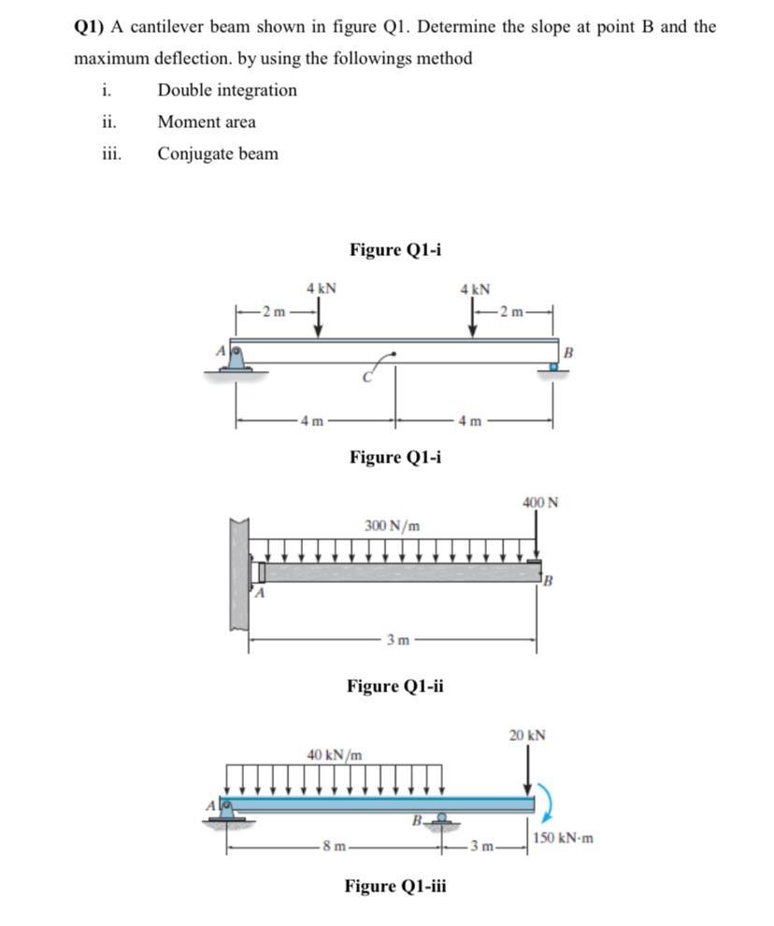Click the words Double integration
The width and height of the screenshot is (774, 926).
click(227, 91)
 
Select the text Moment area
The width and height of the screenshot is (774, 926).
click(207, 121)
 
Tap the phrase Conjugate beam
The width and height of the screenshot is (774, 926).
click(218, 153)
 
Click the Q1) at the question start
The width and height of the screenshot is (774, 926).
click(91, 27)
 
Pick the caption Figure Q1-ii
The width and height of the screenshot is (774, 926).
click(394, 687)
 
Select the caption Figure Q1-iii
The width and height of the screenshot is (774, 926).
click(395, 886)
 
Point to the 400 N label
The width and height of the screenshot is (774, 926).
click(540, 502)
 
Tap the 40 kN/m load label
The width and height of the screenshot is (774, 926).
click(334, 753)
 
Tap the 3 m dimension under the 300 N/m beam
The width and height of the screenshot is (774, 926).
click(397, 640)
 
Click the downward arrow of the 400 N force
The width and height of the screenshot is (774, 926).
click(537, 537)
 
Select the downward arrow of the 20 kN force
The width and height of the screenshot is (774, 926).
click(528, 772)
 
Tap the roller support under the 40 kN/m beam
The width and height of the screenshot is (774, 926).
click(440, 820)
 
